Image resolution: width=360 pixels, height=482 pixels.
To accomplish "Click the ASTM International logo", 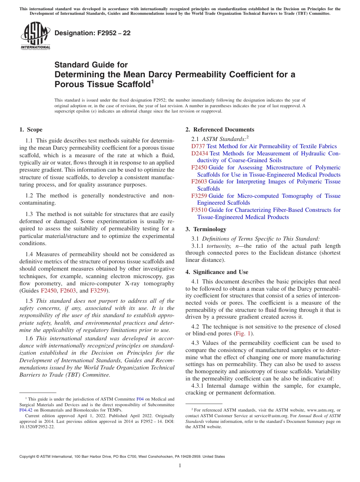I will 35,36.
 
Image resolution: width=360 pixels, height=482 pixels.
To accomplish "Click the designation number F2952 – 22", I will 92,33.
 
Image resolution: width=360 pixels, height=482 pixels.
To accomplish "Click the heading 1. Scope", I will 31,130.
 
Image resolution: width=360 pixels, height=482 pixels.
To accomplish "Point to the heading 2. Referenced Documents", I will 220,130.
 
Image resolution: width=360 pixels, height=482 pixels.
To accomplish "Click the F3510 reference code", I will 199,210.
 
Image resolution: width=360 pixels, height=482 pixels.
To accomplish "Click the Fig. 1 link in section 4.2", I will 244,334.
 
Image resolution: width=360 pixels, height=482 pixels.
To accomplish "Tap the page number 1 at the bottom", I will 180,466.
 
